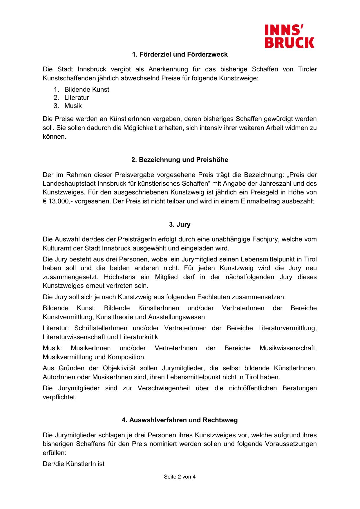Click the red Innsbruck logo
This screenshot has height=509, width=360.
289,36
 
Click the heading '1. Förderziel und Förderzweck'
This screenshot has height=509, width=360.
180,55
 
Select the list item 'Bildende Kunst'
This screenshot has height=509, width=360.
87,89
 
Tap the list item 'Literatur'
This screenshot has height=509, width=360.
77,98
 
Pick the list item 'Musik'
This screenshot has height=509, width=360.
73,106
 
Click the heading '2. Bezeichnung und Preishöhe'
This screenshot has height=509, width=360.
180,160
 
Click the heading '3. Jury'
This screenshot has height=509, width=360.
180,225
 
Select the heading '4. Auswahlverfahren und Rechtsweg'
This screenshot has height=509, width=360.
180,420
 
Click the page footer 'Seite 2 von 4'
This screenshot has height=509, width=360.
180,476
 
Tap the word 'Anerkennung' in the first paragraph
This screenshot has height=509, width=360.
168,69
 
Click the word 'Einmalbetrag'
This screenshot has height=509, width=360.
259,201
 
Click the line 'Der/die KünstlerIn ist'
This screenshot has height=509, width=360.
73,464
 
